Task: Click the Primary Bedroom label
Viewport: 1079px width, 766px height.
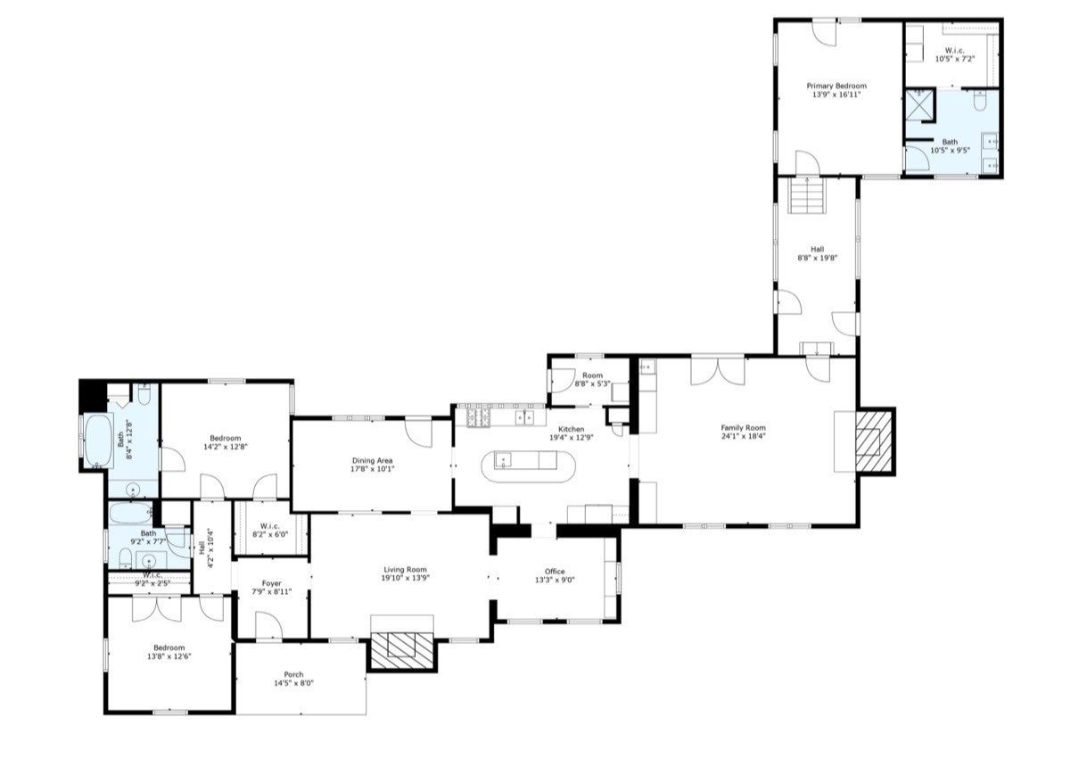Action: point(836,86)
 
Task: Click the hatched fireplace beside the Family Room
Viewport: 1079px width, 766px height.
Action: point(873,441)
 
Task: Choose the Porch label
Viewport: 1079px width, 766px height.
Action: point(293,674)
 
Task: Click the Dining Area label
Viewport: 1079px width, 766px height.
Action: point(372,460)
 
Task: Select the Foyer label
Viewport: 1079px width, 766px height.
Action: point(271,583)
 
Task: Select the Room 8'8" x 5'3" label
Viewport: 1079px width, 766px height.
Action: point(592,375)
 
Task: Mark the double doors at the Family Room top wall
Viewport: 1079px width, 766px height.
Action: point(717,369)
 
